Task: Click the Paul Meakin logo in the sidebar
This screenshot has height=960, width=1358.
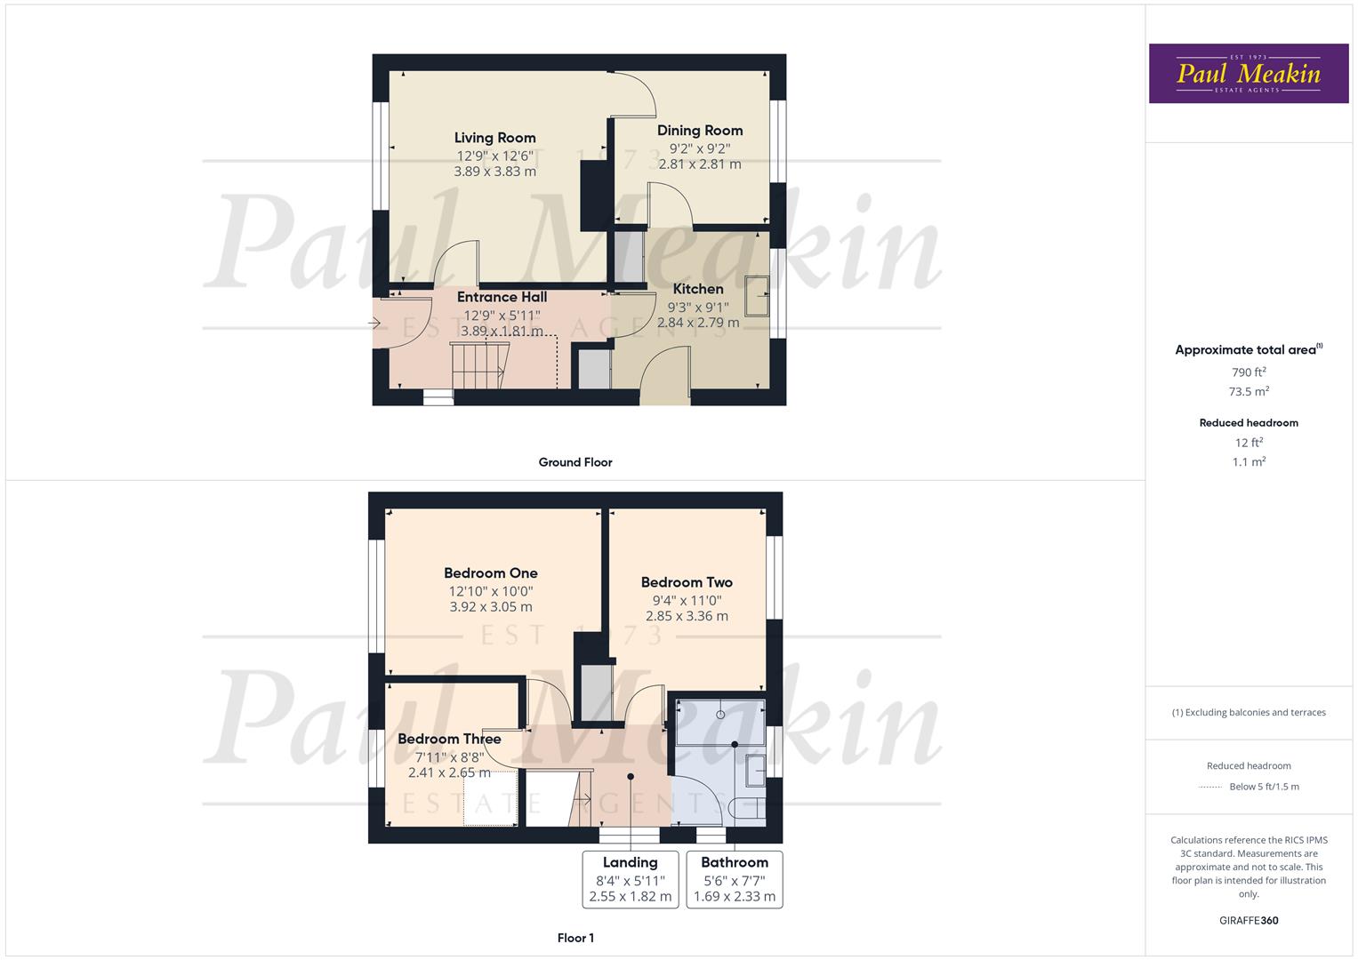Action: point(1248,74)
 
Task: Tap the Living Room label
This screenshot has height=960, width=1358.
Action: point(494,138)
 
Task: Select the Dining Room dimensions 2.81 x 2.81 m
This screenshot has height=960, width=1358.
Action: point(699,164)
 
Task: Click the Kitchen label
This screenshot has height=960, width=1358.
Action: point(698,289)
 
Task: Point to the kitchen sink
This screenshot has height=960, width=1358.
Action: point(758,296)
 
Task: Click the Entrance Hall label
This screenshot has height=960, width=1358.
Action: point(502,297)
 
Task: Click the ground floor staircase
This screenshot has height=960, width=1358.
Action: point(478,364)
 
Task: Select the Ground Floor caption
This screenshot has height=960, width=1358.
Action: point(575,462)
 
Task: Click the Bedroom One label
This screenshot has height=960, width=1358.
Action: point(491,573)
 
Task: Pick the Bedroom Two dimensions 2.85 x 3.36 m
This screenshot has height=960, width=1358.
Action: point(687,616)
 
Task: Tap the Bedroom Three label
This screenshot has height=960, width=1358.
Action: point(449,739)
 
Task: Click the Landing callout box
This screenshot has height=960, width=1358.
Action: point(631,879)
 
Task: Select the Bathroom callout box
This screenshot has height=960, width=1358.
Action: point(735,879)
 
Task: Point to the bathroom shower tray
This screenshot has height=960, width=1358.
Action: point(720,721)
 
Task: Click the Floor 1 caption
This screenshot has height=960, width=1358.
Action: point(575,938)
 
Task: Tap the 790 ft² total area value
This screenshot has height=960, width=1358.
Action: point(1248,372)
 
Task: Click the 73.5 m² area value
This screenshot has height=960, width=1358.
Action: point(1248,392)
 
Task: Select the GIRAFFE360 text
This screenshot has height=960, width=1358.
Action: point(1248,920)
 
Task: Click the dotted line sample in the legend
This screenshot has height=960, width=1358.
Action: point(1210,787)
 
